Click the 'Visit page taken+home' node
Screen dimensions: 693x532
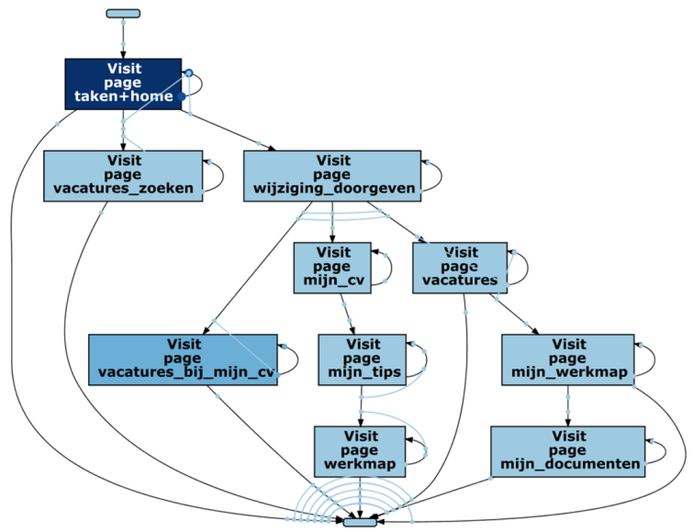tap(123, 84)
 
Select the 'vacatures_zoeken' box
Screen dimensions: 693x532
tap(123, 176)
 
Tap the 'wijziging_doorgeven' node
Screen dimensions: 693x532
tap(332, 176)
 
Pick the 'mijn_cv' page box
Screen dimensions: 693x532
tap(332, 268)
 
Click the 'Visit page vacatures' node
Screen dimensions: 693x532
tap(460, 268)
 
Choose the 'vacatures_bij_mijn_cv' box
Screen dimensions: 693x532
tap(183, 360)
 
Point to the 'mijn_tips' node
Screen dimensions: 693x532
tap(362, 360)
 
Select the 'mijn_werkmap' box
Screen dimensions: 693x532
tap(568, 360)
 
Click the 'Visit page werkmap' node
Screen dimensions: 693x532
tap(360, 451)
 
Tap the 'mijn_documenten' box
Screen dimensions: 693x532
tap(568, 451)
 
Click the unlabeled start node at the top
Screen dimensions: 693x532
tap(123, 14)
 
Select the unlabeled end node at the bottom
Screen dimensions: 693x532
tap(360, 522)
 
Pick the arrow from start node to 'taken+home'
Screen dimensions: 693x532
tap(123, 38)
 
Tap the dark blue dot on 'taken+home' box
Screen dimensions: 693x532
tap(182, 96)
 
